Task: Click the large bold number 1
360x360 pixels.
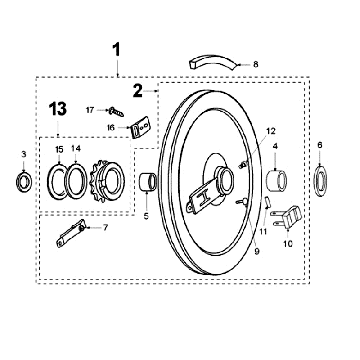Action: point(116,50)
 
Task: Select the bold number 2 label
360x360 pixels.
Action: point(138,91)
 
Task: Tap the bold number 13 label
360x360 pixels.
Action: point(58,109)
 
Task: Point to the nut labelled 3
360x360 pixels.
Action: point(24,181)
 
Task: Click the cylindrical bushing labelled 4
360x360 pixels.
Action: point(277,180)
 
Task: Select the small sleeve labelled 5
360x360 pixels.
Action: point(148,182)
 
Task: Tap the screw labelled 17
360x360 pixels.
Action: point(116,112)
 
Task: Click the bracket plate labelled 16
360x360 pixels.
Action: point(140,128)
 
